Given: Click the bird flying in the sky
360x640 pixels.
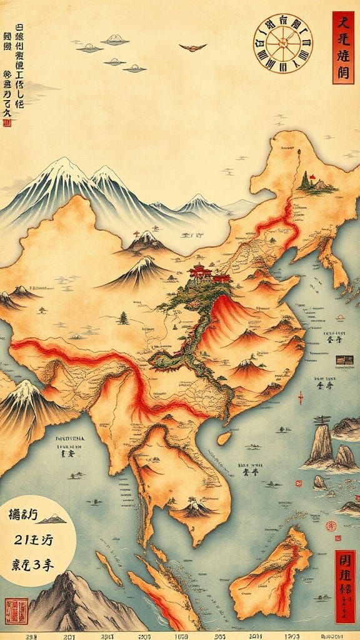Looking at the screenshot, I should [x=192, y=47].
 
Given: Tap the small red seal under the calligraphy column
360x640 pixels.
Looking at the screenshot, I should [x=7, y=123].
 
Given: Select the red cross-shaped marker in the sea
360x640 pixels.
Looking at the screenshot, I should [x=301, y=397].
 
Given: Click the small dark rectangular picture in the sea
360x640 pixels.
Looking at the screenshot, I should [x=344, y=360].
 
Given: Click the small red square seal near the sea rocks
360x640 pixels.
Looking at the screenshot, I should [x=298, y=484].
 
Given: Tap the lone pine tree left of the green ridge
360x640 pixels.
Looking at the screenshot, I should [x=123, y=318].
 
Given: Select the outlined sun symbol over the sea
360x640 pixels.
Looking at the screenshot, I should [x=340, y=317].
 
